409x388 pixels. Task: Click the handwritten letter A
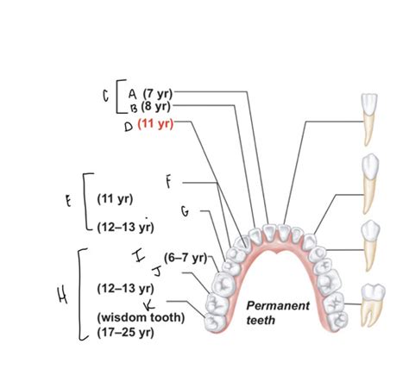coord(132,93)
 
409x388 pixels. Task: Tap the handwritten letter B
coord(134,108)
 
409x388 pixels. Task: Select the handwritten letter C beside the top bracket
coord(106,96)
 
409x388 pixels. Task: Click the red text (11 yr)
coord(155,124)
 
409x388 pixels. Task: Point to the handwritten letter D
coord(129,127)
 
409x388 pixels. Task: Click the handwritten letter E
coord(68,201)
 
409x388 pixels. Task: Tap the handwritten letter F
coord(168,182)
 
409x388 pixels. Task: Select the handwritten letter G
coord(186,211)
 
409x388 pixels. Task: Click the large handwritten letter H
coord(63,295)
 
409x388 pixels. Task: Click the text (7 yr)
coord(158,93)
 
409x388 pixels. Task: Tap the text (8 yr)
coord(156,107)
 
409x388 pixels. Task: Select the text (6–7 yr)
coord(186,258)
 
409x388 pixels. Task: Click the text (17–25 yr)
coord(125,333)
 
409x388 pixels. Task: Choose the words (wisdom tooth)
coord(141,317)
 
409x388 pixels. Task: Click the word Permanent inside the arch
coord(278,305)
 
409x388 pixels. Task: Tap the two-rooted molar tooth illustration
coord(373,305)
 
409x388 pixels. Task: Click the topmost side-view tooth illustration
coord(368,120)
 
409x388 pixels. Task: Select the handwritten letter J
coord(157,272)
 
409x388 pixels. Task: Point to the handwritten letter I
coord(139,256)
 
